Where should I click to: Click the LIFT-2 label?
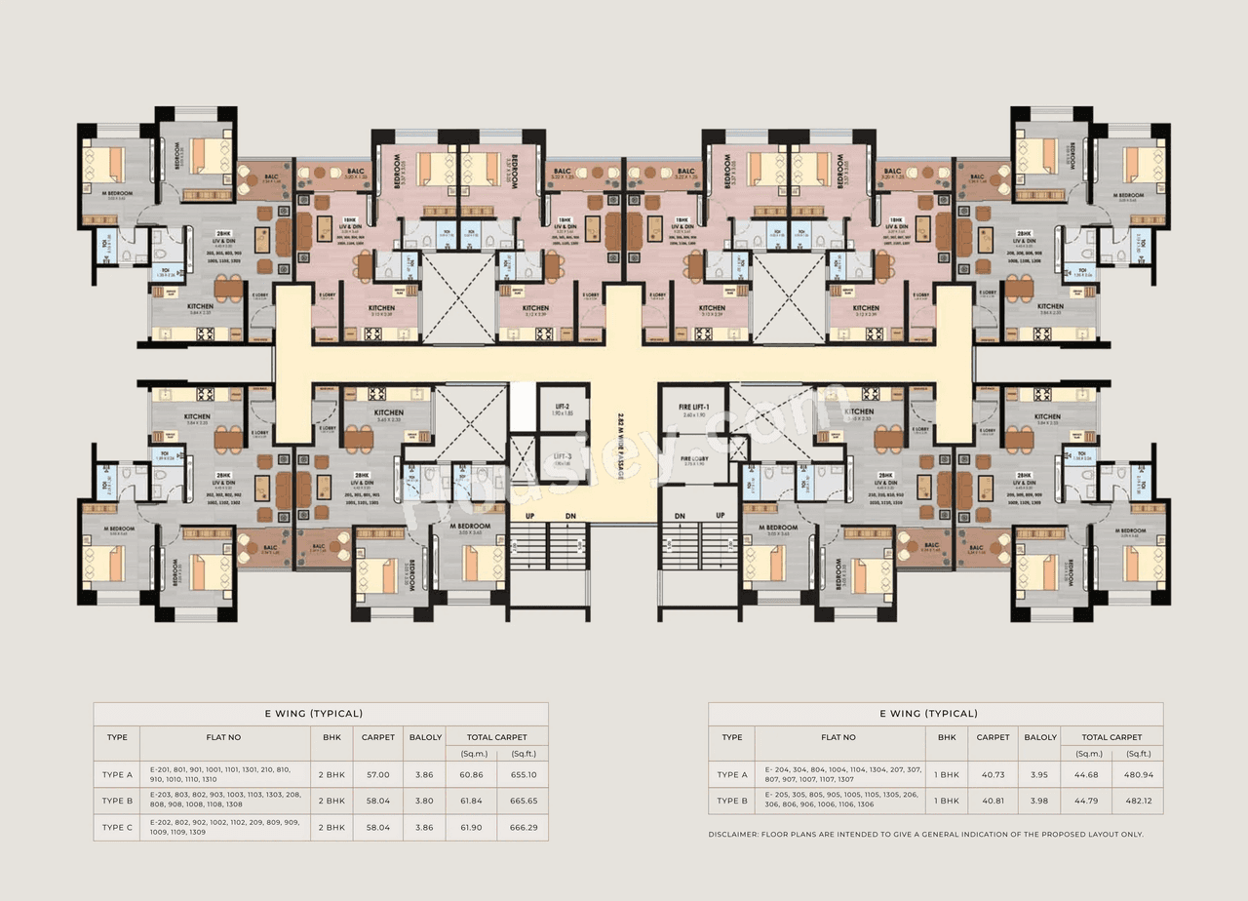(x=563, y=406)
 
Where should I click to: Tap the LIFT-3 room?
(x=563, y=460)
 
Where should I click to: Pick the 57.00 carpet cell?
(x=376, y=774)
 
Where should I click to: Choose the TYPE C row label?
(x=117, y=827)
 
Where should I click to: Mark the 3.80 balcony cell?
(x=425, y=801)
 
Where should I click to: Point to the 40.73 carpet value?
(x=993, y=774)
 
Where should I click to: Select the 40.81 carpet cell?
(x=993, y=801)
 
